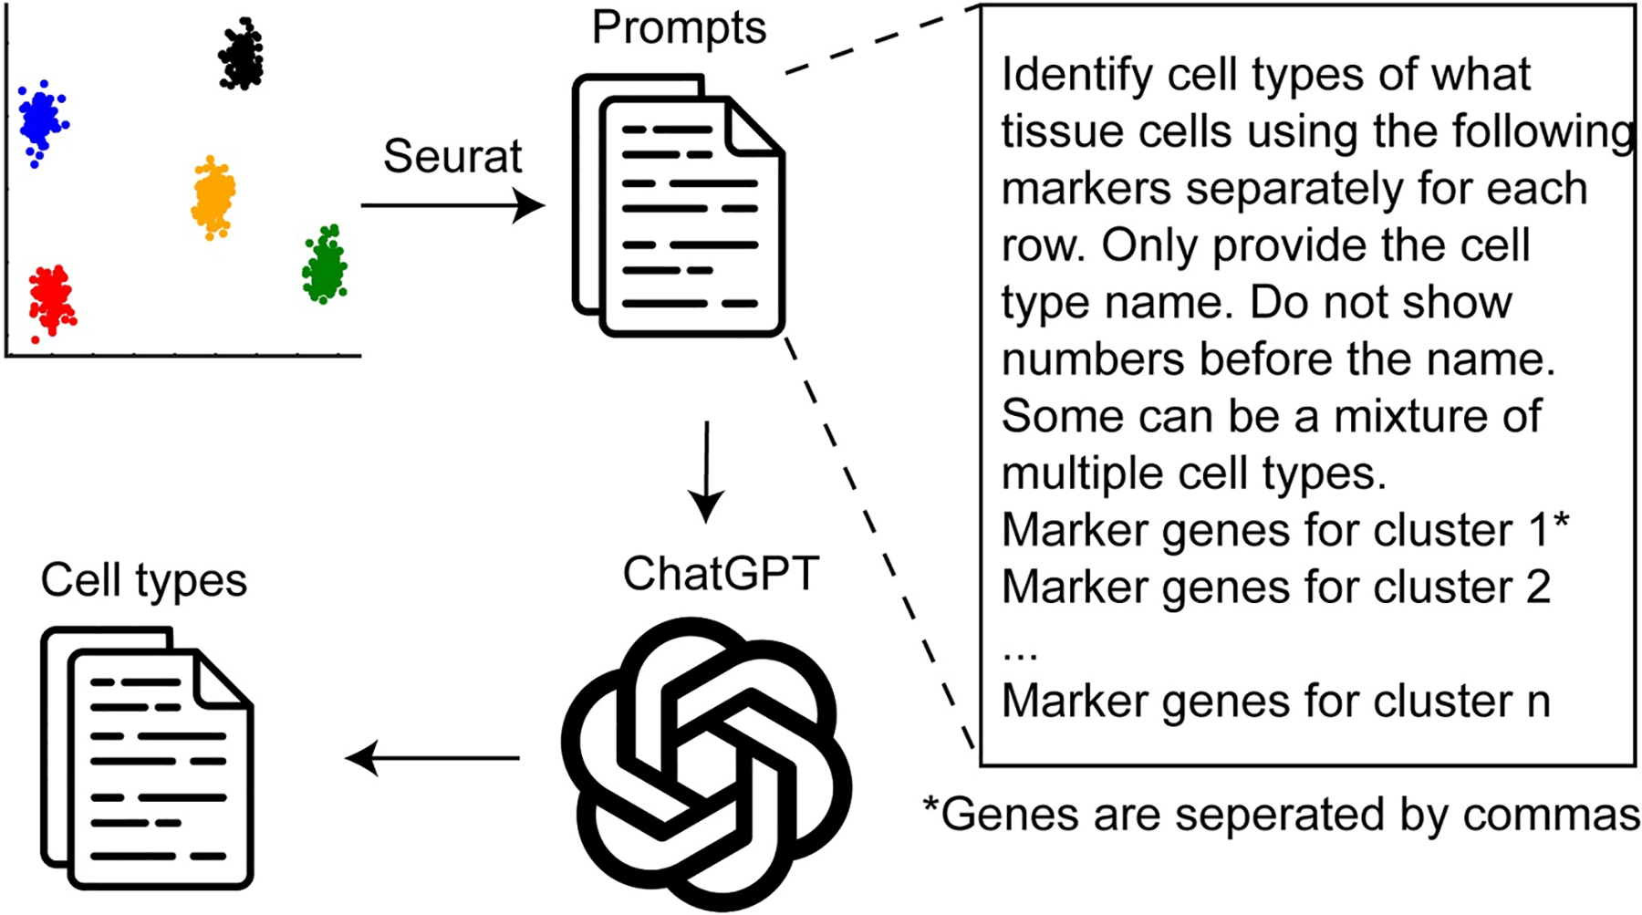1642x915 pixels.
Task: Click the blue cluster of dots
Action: [40, 120]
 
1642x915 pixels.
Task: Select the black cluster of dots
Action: [241, 55]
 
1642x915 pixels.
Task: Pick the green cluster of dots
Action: [324, 265]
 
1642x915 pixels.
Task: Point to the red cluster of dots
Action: [52, 299]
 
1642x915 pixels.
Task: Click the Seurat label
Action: [452, 156]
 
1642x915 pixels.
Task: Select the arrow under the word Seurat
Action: [452, 205]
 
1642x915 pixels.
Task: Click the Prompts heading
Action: [679, 27]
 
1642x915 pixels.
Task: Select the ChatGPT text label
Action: [721, 574]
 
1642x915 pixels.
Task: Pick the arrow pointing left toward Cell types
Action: [433, 757]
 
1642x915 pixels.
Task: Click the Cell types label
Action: [144, 580]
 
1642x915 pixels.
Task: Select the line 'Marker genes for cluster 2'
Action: [1275, 587]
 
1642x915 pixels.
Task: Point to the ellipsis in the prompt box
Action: [1020, 651]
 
